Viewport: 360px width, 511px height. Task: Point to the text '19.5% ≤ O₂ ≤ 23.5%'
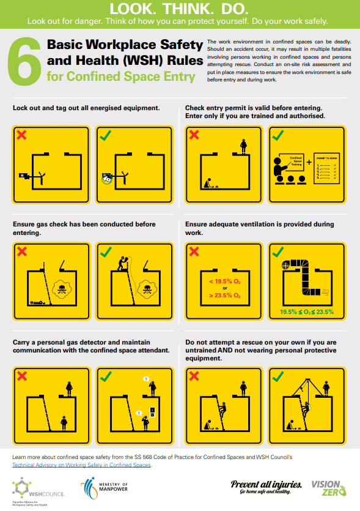coord(307,311)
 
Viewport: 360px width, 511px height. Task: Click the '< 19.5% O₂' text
coord(224,282)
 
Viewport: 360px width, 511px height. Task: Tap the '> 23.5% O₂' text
coord(224,296)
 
